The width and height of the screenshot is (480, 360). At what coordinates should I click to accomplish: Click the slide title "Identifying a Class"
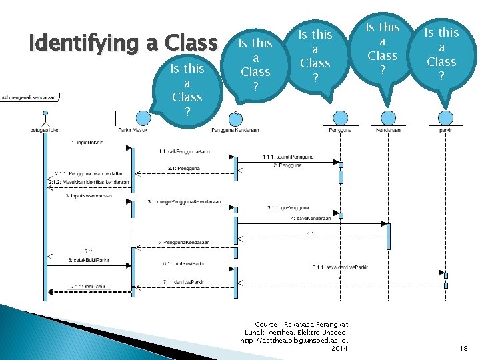tap(123, 43)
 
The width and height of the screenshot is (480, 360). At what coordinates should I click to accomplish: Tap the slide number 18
tap(463, 348)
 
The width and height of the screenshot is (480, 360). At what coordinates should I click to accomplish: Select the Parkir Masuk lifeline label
tap(132, 130)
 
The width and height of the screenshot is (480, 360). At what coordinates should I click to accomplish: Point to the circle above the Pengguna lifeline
tap(341, 119)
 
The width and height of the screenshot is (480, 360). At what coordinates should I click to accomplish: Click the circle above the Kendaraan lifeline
tap(388, 119)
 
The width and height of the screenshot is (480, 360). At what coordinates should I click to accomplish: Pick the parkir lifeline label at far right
tap(445, 130)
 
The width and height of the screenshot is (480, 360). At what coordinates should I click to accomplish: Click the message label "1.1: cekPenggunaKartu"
tap(185, 153)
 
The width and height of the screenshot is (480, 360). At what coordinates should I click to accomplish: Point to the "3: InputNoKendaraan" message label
tap(89, 197)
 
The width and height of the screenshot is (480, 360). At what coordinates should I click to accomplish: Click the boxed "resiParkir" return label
tap(89, 286)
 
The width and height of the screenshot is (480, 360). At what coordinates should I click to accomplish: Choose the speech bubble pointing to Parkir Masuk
tap(187, 89)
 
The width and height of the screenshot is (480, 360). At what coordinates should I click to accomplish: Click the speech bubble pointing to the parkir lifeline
tap(441, 53)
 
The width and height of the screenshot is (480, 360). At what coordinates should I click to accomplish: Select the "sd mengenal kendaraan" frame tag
tap(31, 97)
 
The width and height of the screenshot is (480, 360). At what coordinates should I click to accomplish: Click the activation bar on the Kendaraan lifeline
tap(388, 235)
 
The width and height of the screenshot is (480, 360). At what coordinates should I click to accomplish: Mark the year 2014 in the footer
tap(339, 348)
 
